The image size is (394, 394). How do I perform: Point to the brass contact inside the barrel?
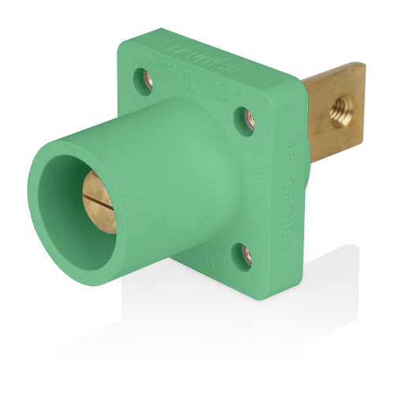point(99,202)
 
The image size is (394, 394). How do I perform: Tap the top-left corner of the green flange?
point(122,39)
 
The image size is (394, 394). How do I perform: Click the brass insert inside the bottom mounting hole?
point(246,255)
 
